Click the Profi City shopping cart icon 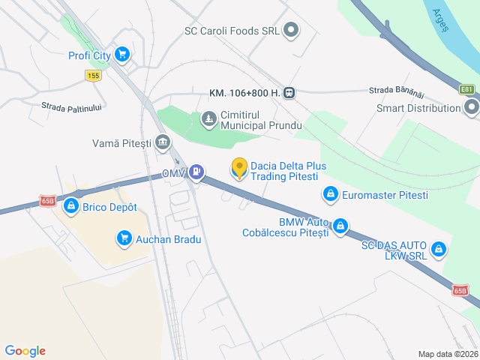122,55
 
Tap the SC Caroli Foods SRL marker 291,31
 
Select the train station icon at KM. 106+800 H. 289,93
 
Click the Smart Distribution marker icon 471,108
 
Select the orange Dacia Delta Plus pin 239,168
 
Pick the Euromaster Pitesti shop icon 329,195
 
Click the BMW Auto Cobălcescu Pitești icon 340,225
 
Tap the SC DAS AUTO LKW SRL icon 438,249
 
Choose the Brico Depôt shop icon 71,206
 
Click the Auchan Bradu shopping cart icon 123,239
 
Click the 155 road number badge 93,75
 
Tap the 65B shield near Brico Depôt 49,201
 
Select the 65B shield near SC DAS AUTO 460,290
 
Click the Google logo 25,351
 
